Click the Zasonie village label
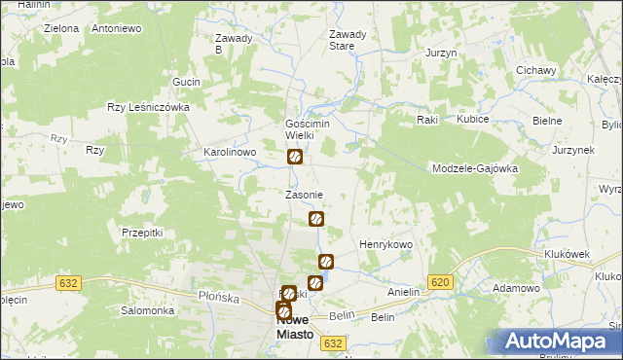point(303,195)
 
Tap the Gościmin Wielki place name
point(308,129)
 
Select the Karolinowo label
point(229,153)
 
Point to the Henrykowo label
point(386,243)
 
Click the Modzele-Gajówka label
point(474,168)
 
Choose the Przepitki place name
point(142,233)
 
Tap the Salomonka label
point(147,310)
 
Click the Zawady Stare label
point(348,40)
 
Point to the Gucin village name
point(185,82)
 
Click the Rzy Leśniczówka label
point(147,108)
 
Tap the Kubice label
point(473,119)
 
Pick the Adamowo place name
point(516,289)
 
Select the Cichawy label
point(535,70)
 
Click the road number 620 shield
point(440,282)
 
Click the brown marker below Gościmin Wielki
point(294,157)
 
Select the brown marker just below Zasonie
point(315,219)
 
